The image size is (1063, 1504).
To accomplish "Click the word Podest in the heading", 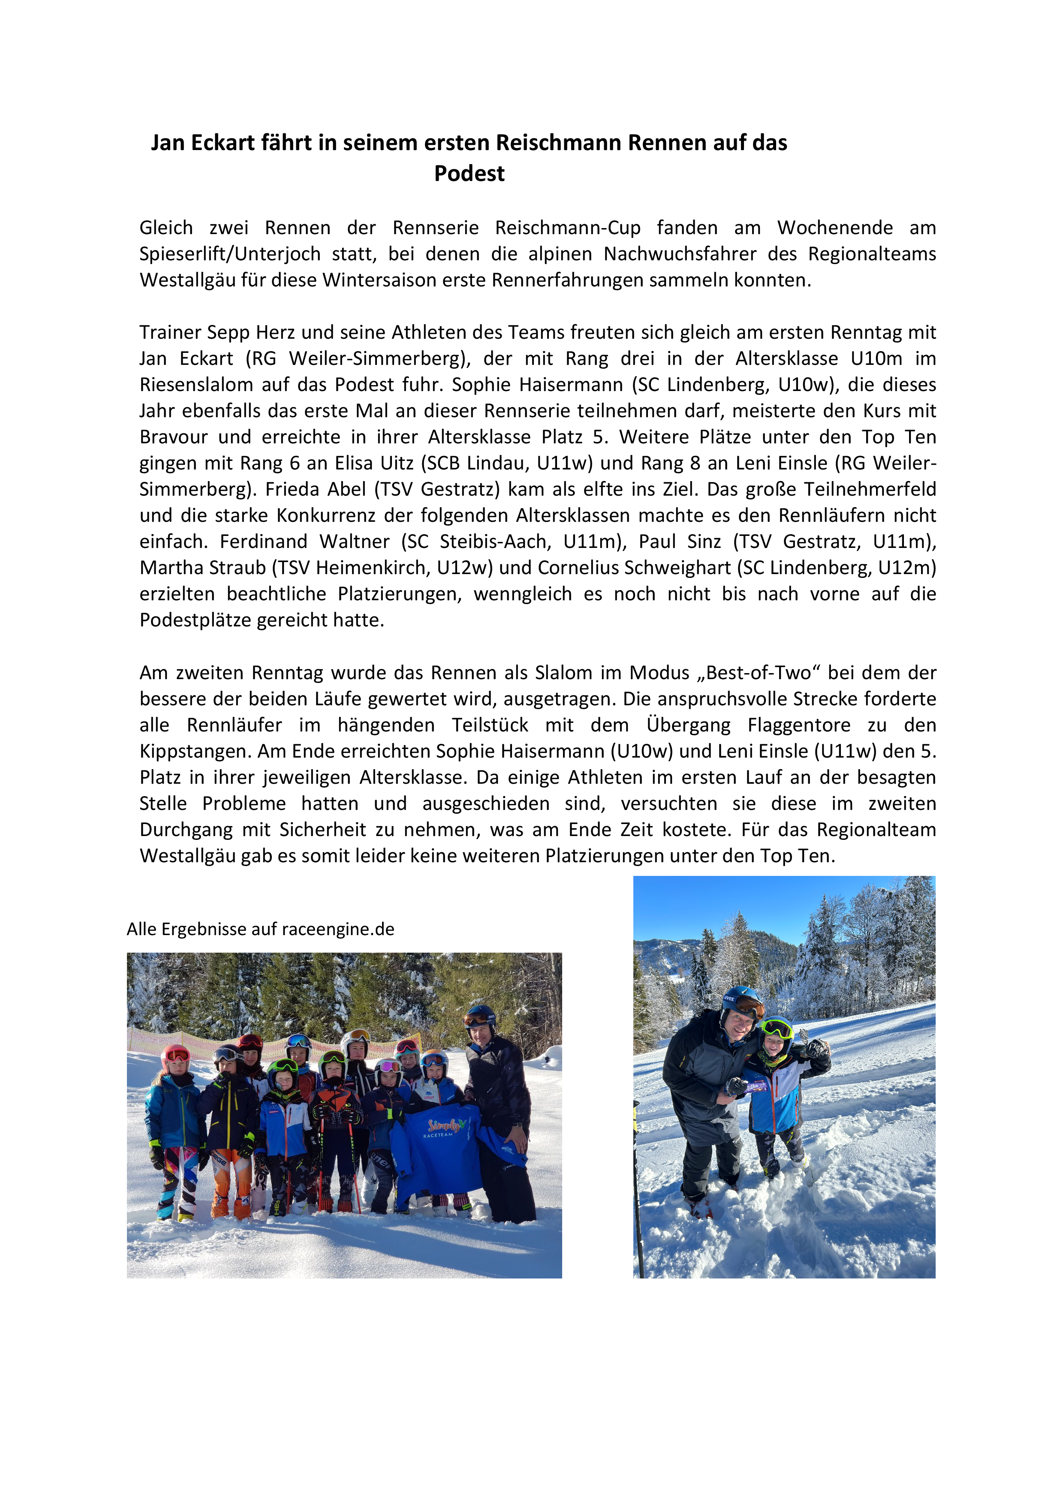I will point(469,174).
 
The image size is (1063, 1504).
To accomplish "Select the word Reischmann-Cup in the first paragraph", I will point(567,228).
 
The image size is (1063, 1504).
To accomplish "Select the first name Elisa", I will point(358,464).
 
